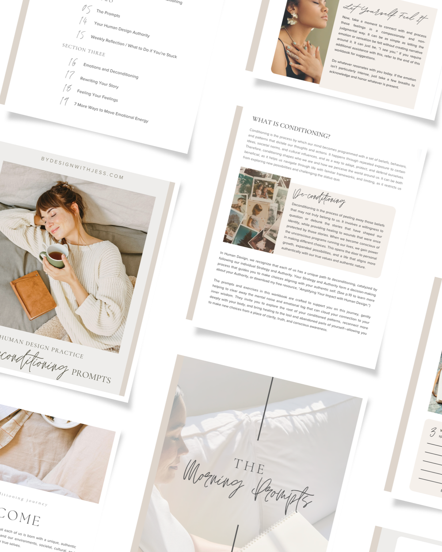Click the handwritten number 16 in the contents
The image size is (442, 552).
tap(73, 62)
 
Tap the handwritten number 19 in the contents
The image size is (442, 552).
tap(65, 101)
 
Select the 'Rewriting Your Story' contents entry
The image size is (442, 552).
tap(99, 82)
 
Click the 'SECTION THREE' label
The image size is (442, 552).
tap(84, 49)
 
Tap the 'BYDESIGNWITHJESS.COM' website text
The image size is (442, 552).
tap(82, 167)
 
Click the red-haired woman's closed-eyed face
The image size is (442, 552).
tap(52, 218)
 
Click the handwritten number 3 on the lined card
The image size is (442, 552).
tap(433, 431)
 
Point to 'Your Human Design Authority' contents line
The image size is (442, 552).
tap(122, 29)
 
